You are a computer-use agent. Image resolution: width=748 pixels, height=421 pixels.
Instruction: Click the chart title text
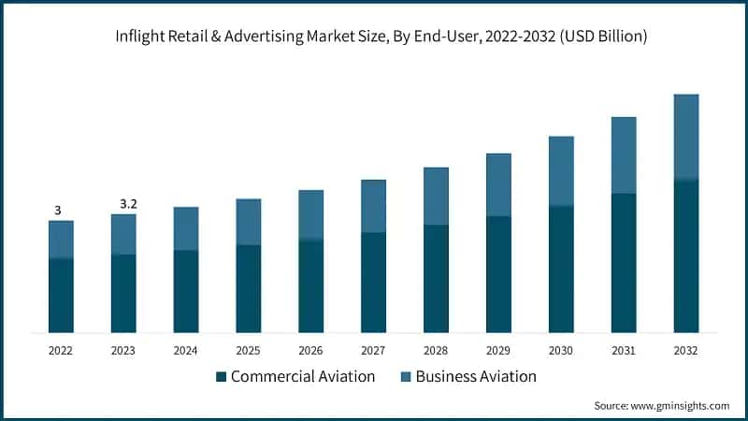pos(374,36)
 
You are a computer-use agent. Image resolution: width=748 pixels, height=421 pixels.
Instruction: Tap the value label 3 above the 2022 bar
pos(58,210)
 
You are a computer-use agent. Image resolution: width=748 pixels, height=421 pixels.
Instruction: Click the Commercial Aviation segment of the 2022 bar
pos(61,295)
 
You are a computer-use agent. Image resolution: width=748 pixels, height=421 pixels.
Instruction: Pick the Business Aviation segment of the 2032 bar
pos(686,137)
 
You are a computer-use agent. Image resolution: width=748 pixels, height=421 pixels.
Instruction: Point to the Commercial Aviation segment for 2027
pos(373,283)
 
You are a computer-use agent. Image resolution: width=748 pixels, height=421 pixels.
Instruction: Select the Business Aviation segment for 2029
pos(498,184)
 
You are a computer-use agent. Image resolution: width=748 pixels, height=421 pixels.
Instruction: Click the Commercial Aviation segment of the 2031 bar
pos(624,263)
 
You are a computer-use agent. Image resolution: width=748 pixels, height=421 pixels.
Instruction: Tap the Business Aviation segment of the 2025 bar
pos(248,222)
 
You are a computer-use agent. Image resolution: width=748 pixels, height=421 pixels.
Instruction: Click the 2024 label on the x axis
pos(185,350)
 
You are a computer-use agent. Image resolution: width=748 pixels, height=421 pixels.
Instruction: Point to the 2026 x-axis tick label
pos(310,350)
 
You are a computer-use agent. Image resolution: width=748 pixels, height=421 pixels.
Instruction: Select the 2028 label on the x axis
pos(436,350)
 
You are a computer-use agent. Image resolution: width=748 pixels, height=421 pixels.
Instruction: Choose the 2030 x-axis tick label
pos(561,350)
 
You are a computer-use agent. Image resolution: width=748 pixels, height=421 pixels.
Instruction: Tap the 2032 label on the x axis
pos(686,350)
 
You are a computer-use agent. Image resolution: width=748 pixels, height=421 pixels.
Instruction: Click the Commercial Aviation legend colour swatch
pos(221,377)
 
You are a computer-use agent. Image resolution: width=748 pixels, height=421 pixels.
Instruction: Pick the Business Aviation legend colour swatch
pos(406,377)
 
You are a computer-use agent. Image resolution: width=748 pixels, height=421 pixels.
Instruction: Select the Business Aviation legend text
pos(476,377)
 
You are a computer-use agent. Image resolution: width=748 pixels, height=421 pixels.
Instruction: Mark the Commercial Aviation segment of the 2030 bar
pos(561,269)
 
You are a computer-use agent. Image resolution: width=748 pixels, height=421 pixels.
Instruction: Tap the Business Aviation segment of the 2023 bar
pos(123,234)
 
